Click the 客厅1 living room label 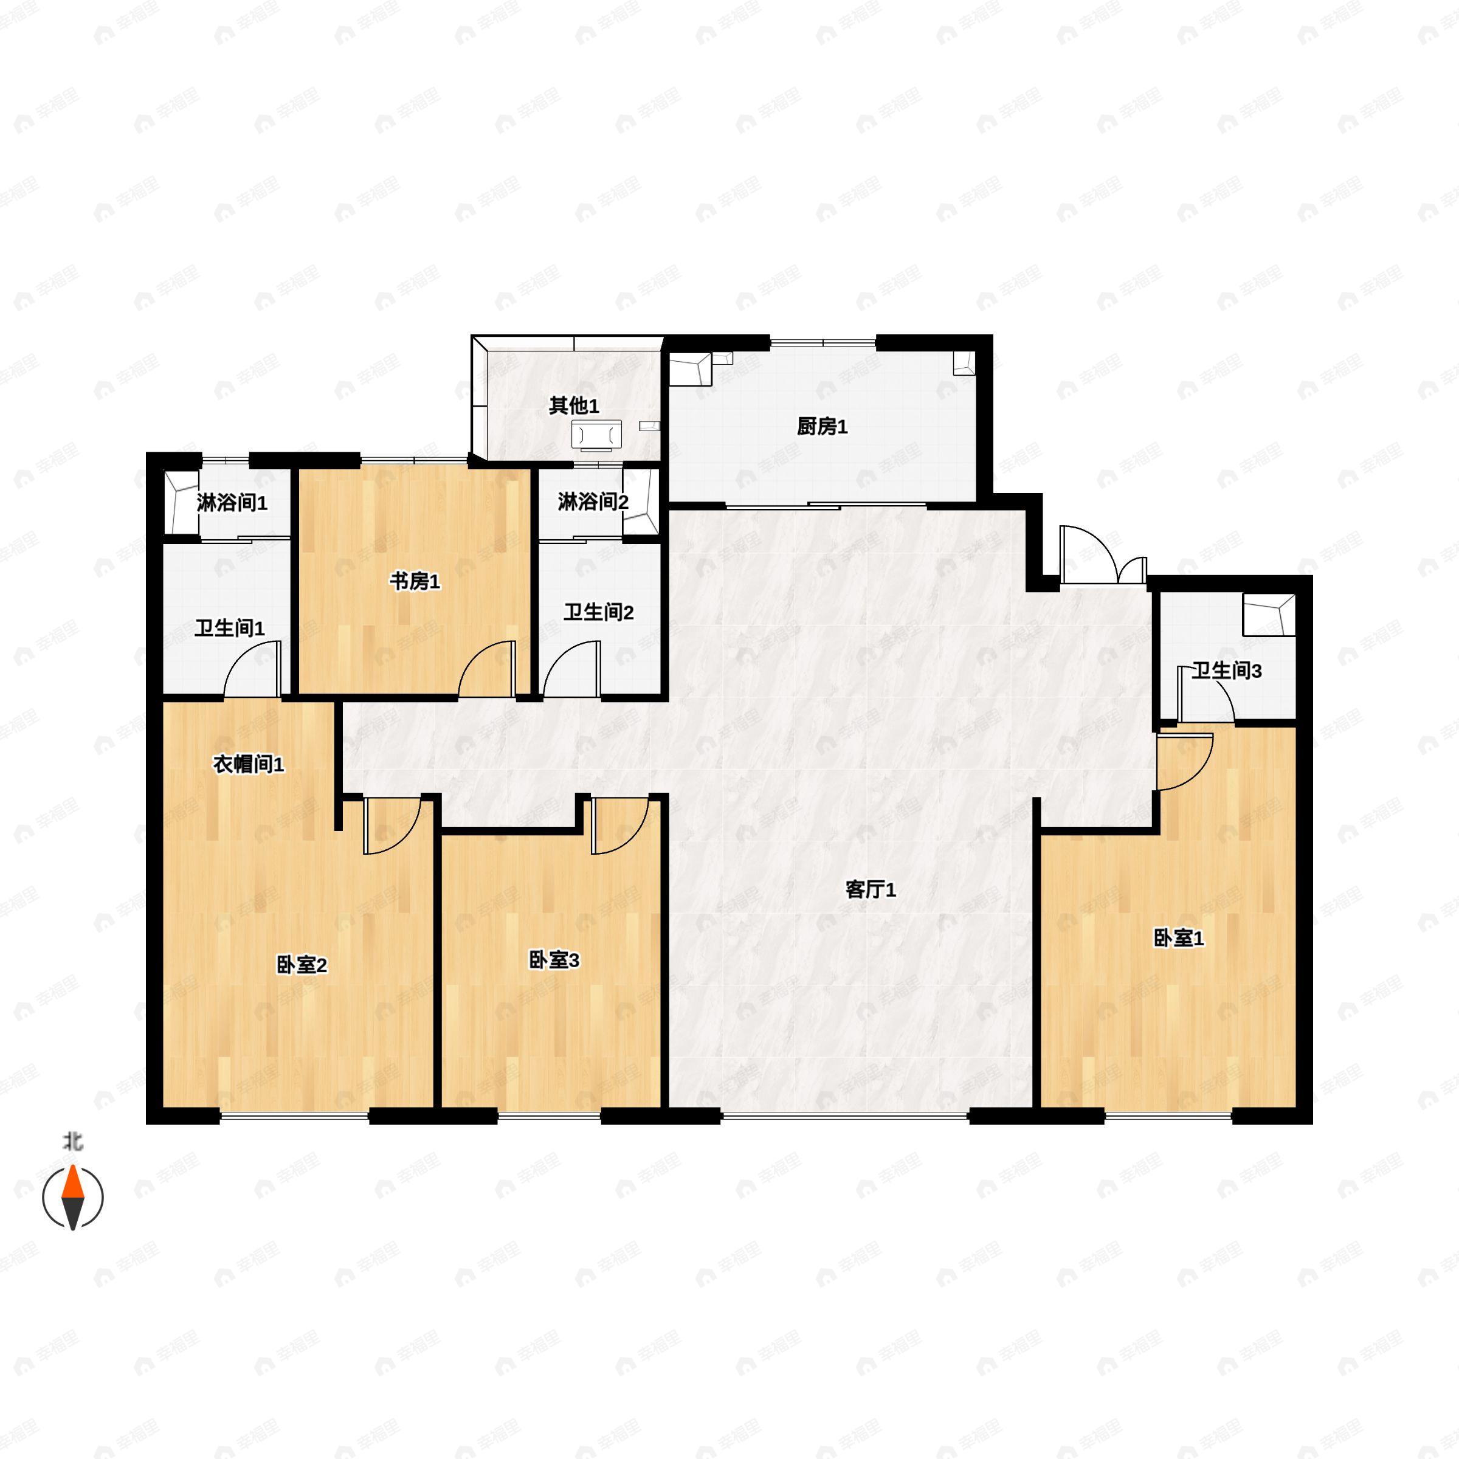pyautogui.click(x=870, y=889)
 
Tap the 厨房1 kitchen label pyautogui.click(x=822, y=427)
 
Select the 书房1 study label pyautogui.click(x=414, y=582)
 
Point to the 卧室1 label pyautogui.click(x=1178, y=938)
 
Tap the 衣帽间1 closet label pyautogui.click(x=249, y=764)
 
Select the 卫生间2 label pyautogui.click(x=598, y=612)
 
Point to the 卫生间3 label pyautogui.click(x=1226, y=671)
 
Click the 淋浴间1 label pyautogui.click(x=232, y=503)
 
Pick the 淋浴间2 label pyautogui.click(x=593, y=502)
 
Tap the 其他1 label pyautogui.click(x=574, y=405)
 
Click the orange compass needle pyautogui.click(x=72, y=1184)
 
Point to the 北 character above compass pyautogui.click(x=72, y=1141)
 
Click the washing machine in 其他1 pyautogui.click(x=596, y=435)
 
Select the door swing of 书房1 pyautogui.click(x=487, y=668)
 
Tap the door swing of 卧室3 pyautogui.click(x=619, y=826)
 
